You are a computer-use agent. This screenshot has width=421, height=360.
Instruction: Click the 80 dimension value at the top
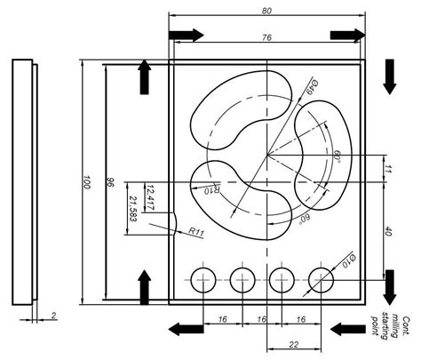coord(266,10)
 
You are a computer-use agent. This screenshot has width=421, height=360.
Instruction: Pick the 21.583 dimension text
coord(132,210)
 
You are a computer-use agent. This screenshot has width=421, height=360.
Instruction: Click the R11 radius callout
coord(197,231)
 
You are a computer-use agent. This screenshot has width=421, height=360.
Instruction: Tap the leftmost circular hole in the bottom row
coord(205,280)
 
